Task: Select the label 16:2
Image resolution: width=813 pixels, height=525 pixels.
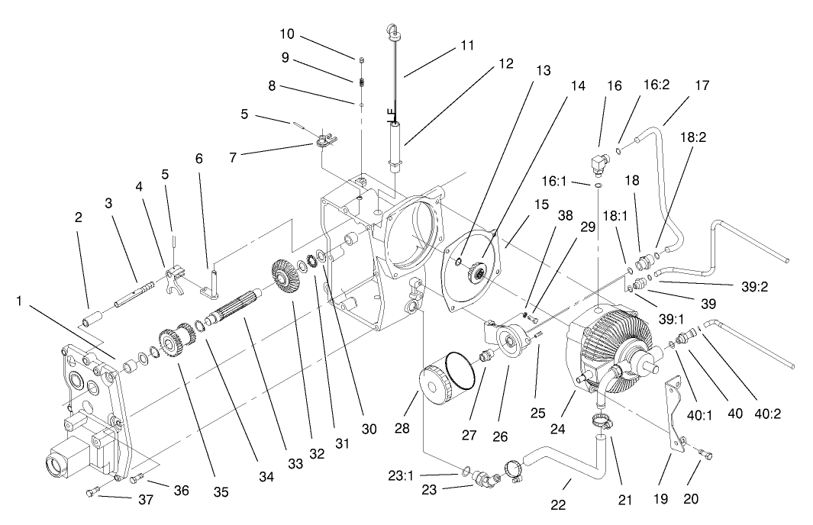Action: point(634,86)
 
